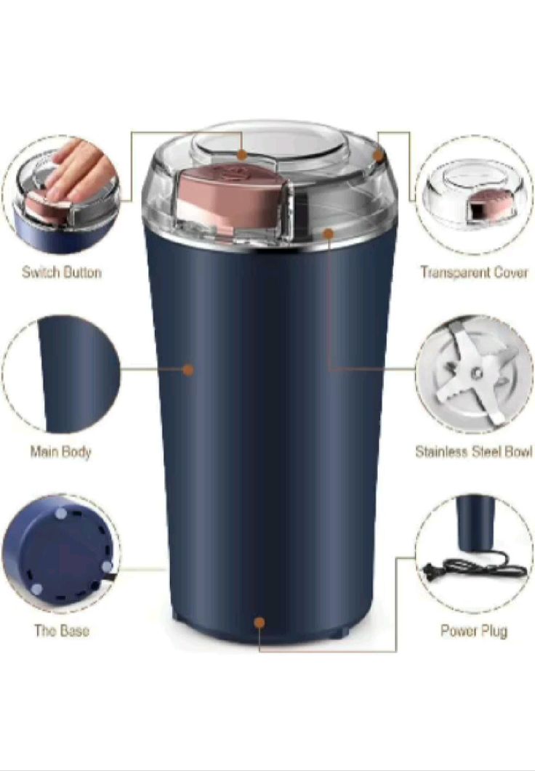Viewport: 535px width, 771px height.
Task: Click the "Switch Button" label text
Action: coord(61,273)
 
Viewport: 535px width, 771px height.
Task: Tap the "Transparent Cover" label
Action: coord(474,273)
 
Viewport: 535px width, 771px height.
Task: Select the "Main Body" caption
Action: coord(60,452)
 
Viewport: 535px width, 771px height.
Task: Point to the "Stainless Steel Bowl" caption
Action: coord(473,452)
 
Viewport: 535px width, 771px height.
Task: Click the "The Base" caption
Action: coord(62,631)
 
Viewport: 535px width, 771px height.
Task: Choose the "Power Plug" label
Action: coord(473,631)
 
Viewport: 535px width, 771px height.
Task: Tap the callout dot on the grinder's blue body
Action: coord(188,370)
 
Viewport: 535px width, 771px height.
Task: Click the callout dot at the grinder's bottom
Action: coord(260,623)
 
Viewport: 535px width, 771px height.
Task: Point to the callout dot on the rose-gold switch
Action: coord(243,155)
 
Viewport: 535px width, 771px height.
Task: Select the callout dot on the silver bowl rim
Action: coord(329,234)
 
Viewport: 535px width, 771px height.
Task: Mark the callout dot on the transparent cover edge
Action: coord(378,155)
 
